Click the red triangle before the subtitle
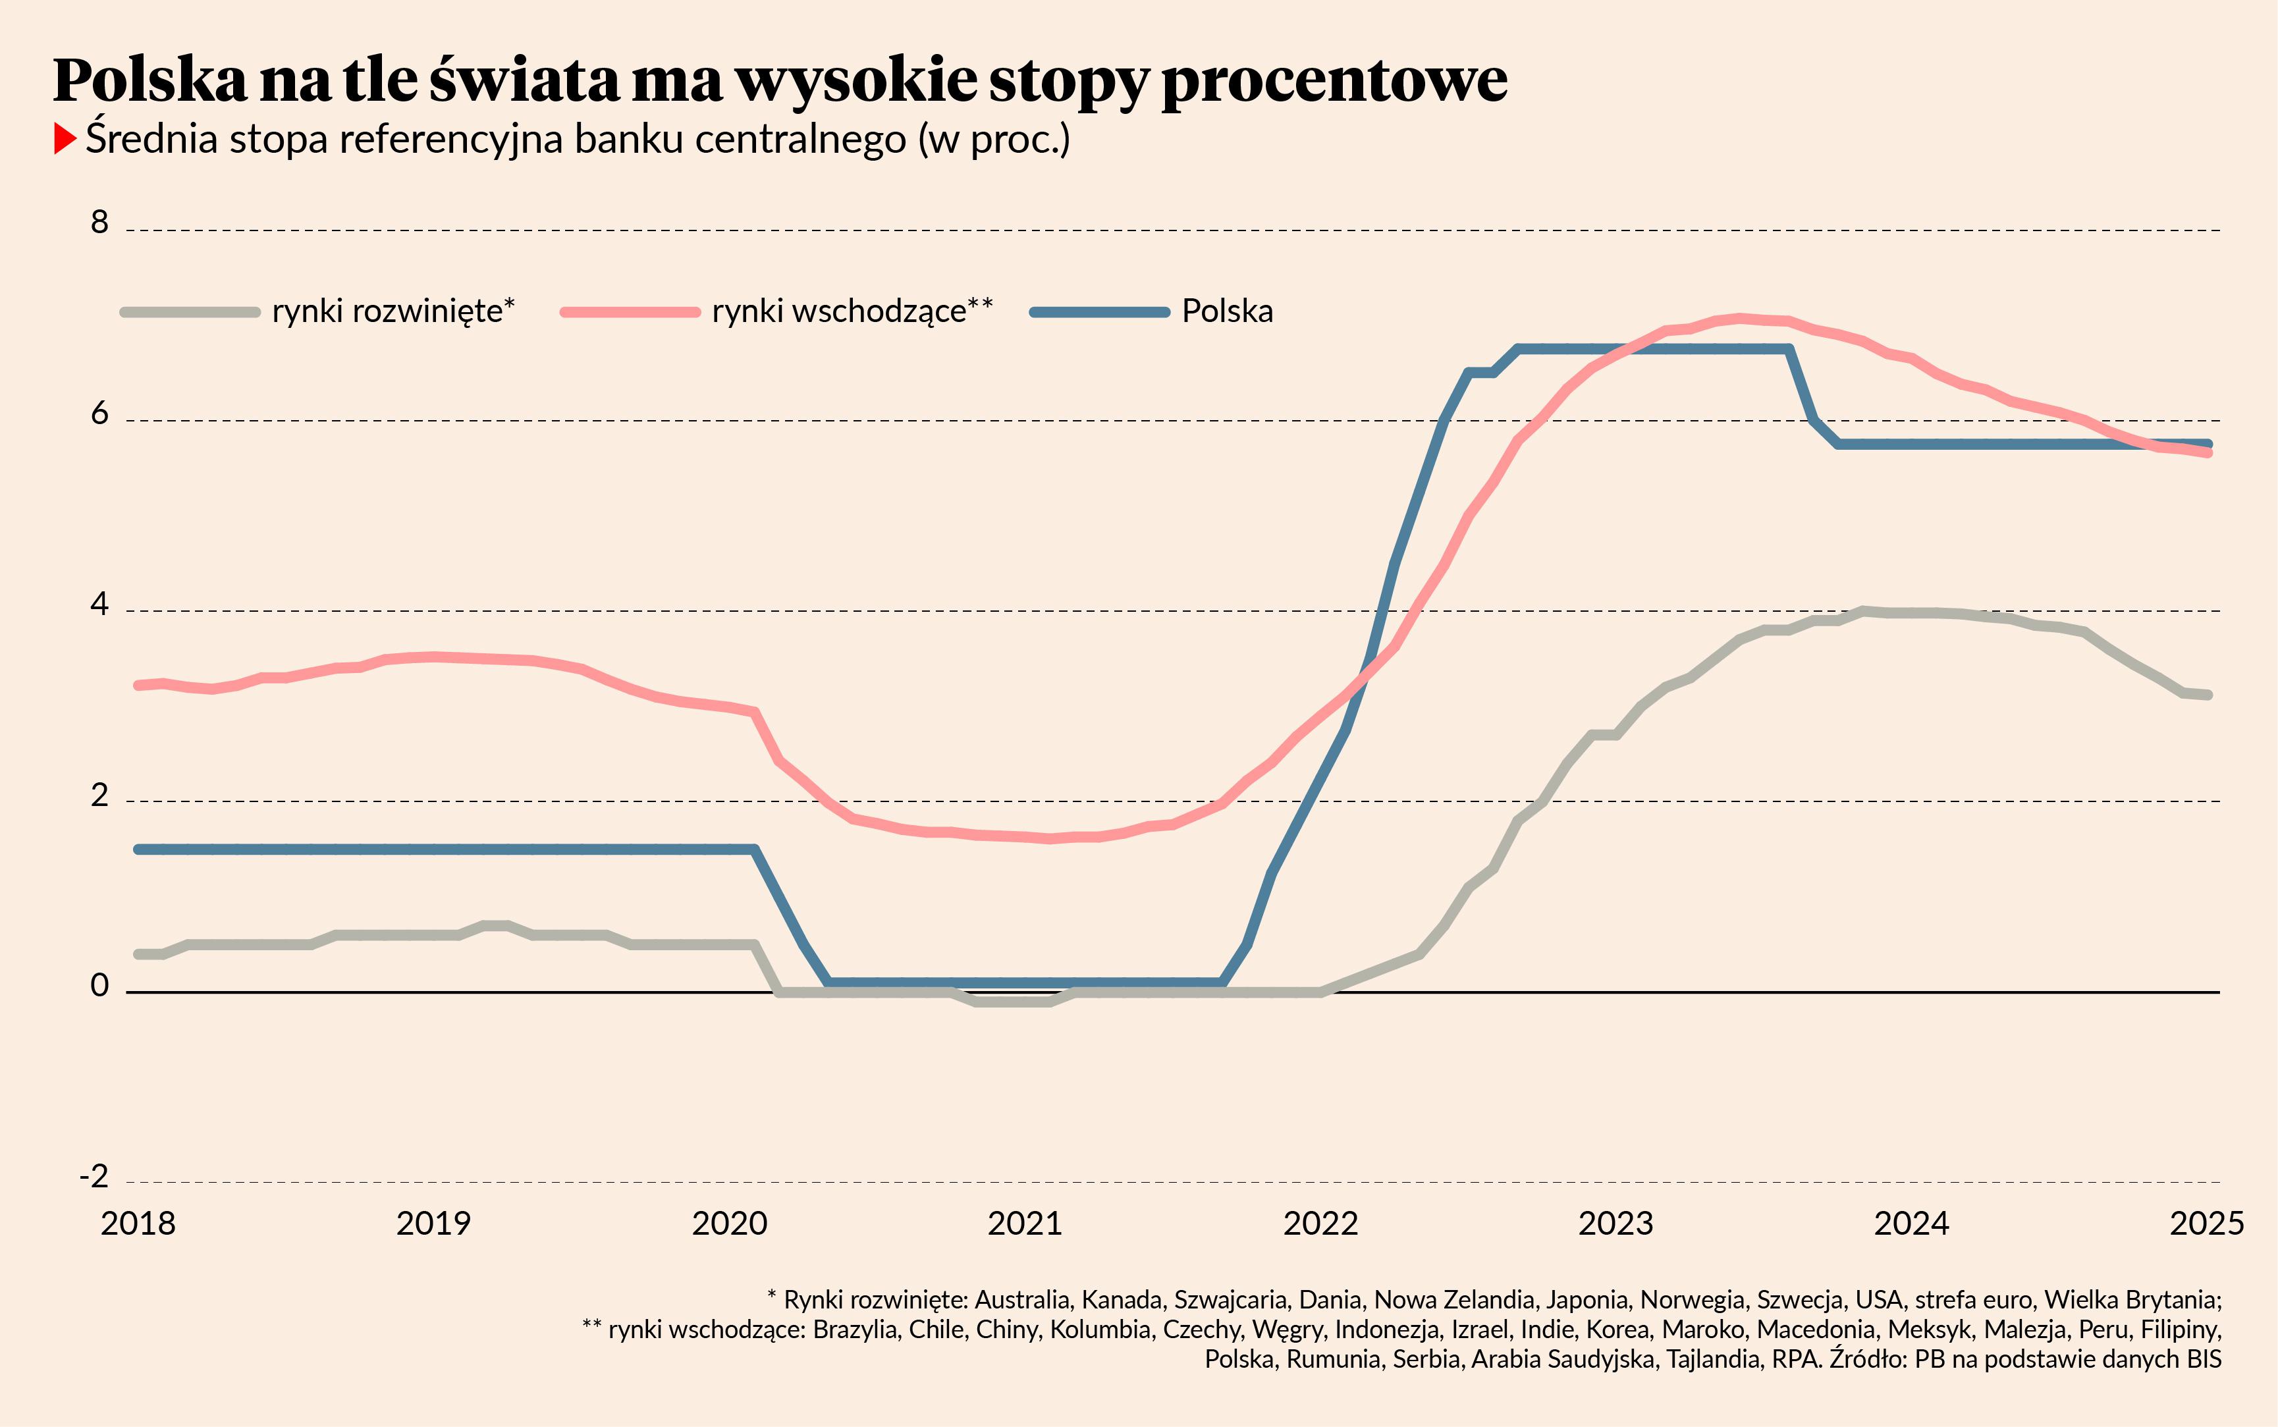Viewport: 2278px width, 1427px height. click(64, 139)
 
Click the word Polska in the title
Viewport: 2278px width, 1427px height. click(149, 80)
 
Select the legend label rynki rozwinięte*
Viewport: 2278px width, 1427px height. click(393, 311)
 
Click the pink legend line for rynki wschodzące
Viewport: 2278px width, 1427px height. click(630, 311)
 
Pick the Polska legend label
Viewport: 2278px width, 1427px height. click(1227, 311)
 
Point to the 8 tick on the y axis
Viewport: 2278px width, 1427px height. click(99, 223)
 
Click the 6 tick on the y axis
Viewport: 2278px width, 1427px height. click(99, 414)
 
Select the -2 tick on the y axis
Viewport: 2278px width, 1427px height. click(94, 1176)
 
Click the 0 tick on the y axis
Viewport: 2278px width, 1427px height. click(99, 985)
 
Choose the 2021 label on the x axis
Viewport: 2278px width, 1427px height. click(1025, 1223)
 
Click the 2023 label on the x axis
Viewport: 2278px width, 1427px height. click(1615, 1223)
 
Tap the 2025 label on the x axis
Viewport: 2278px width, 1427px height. click(2206, 1223)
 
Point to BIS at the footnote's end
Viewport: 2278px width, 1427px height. click(2204, 1359)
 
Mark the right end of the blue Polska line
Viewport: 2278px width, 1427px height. click(2208, 444)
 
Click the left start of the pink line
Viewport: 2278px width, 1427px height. click(139, 686)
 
